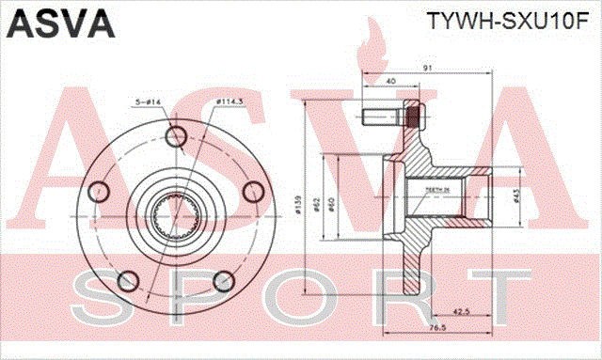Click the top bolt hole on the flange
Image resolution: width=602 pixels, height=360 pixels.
coord(175,137)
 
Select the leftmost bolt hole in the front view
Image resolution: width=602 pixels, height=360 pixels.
coord(98,193)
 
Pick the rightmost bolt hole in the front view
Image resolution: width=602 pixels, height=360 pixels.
coord(251,192)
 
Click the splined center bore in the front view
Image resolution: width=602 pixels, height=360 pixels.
coord(174,217)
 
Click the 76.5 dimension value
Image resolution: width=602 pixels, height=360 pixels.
coord(437,327)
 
